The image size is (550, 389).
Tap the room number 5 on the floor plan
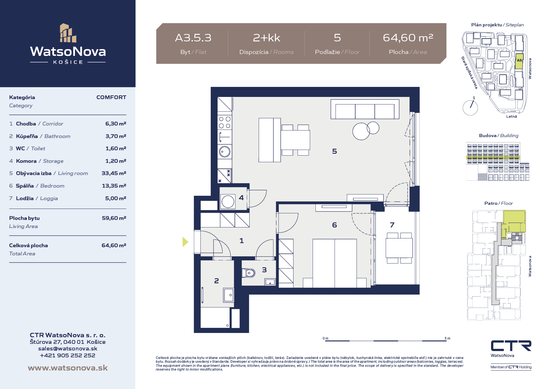tap(335, 152)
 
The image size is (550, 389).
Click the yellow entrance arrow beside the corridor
tap(185, 242)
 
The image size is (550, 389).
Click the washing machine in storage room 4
tap(228, 201)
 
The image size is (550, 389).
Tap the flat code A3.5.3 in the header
tap(193, 38)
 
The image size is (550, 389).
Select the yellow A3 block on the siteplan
tap(519, 61)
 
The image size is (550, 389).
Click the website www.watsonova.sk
tap(68, 368)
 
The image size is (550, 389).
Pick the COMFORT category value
tap(111, 97)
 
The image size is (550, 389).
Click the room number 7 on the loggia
tap(392, 225)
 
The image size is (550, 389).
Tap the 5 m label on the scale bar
tap(447, 338)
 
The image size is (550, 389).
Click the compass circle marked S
tap(470, 108)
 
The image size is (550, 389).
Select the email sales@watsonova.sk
tap(68, 349)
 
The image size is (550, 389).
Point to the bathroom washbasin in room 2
tap(229, 295)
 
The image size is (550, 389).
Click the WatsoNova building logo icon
tap(68, 33)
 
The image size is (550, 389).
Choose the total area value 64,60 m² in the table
tap(114, 245)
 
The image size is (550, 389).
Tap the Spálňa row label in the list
tap(25, 186)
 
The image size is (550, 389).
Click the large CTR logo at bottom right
tap(511, 346)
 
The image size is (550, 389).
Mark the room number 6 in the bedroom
tap(335, 225)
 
